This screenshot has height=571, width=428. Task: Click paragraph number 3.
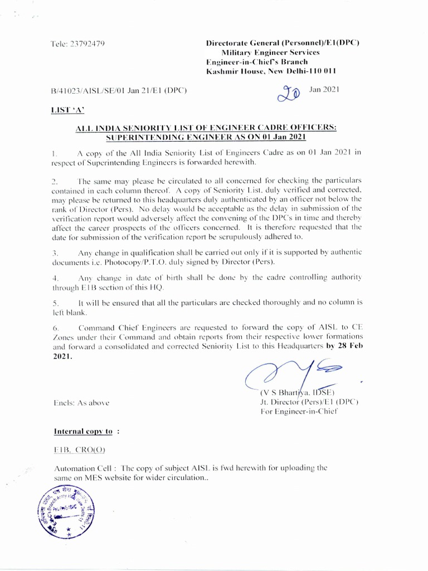pyautogui.click(x=55, y=253)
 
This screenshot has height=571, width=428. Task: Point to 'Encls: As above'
pyautogui.click(x=81, y=402)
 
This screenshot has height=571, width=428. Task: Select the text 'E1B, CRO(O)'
pyautogui.click(x=79, y=449)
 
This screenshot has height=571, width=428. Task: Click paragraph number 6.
pyautogui.click(x=55, y=327)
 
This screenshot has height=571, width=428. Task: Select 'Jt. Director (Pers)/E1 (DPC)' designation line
pyautogui.click(x=309, y=402)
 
